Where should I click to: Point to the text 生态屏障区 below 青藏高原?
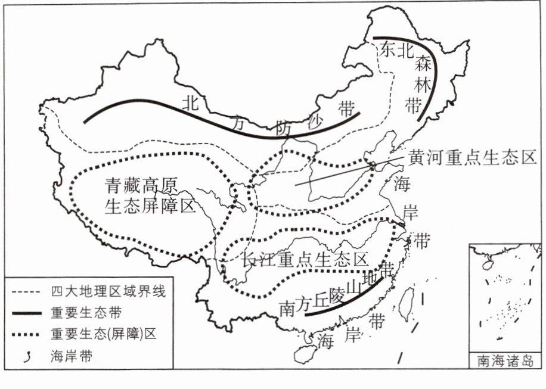tap(150, 206)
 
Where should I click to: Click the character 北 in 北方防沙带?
tap(191, 102)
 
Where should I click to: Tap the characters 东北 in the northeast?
tap(396, 51)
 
